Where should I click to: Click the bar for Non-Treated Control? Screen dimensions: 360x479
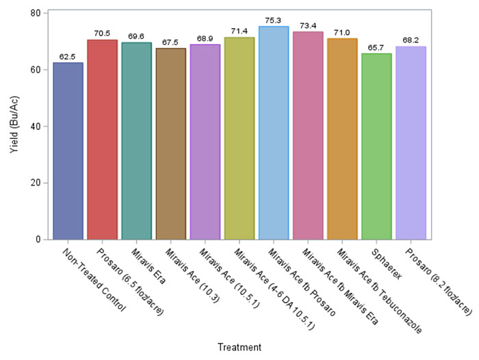click(68, 151)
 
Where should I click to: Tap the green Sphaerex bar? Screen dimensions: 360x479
click(376, 146)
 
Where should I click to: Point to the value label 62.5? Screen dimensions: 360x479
click(68, 56)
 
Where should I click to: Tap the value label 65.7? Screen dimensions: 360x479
click(376, 47)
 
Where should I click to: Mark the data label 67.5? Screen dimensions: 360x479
click(171, 42)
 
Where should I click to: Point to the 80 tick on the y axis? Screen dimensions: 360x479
click(35, 13)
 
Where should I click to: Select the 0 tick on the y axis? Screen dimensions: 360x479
click(38, 240)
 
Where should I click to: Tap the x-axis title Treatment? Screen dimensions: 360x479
click(239, 348)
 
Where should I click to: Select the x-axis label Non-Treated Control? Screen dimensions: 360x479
click(95, 277)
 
